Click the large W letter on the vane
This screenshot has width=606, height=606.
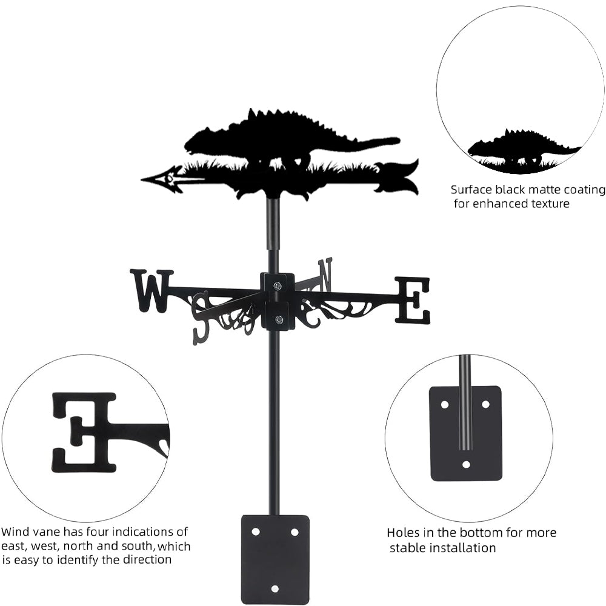[x=151, y=291]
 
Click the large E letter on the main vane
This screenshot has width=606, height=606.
[x=413, y=300]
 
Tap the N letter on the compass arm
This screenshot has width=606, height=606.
[x=325, y=274]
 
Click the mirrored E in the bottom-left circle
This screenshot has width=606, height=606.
[x=84, y=431]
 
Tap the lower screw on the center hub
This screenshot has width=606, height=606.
[x=278, y=320]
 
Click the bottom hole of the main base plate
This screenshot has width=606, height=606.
[x=275, y=588]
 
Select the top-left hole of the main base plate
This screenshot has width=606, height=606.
[x=255, y=531]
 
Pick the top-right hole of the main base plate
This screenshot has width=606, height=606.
[x=295, y=531]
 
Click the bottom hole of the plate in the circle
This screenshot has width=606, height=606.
[x=466, y=465]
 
